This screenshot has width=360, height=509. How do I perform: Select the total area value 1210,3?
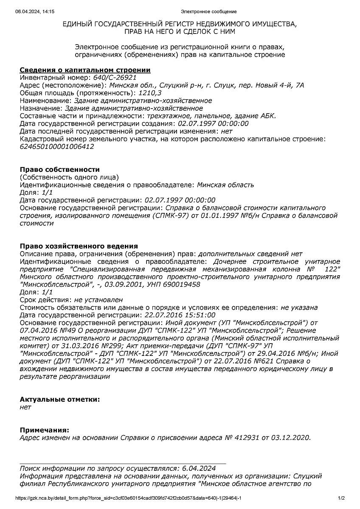point(148,93)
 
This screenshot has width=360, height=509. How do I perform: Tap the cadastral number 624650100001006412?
point(57,147)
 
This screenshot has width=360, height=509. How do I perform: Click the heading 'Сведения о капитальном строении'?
point(85,70)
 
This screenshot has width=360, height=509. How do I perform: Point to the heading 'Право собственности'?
point(60,170)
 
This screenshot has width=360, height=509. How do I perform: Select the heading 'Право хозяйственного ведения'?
point(79,246)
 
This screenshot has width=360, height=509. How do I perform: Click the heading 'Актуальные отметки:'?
point(60,400)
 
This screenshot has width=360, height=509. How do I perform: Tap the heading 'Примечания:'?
point(44,430)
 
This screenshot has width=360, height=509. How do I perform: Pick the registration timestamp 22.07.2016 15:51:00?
point(180,315)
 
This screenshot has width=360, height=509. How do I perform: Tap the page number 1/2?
point(341,498)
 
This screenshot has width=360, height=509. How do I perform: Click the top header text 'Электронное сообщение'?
point(208,11)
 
